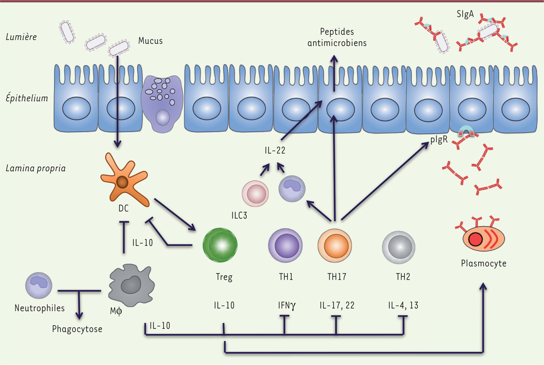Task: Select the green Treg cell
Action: pos(221,245)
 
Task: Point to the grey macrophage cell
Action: pos(130,283)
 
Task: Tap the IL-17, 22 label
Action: pos(336,305)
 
